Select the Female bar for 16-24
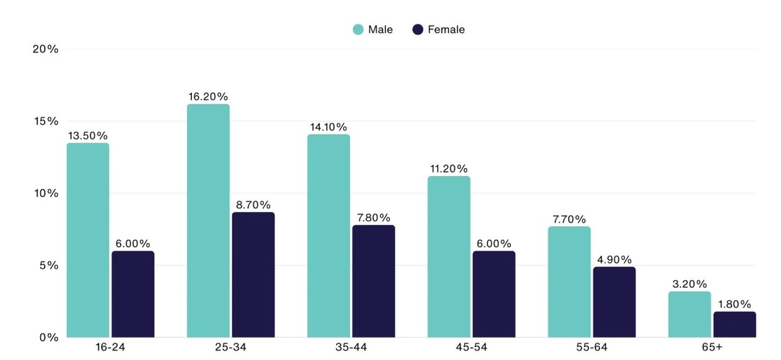click(133, 294)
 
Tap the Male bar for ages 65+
click(689, 314)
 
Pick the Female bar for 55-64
click(614, 302)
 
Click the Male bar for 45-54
click(448, 257)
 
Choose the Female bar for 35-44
click(373, 281)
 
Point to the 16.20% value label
click(208, 96)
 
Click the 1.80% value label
click(734, 304)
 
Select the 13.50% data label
click(88, 135)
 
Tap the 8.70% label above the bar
click(253, 205)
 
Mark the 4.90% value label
click(614, 259)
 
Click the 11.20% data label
click(448, 169)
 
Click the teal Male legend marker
click(358, 29)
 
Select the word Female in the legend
click(445, 29)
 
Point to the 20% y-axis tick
click(45, 49)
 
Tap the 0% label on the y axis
click(47, 337)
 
